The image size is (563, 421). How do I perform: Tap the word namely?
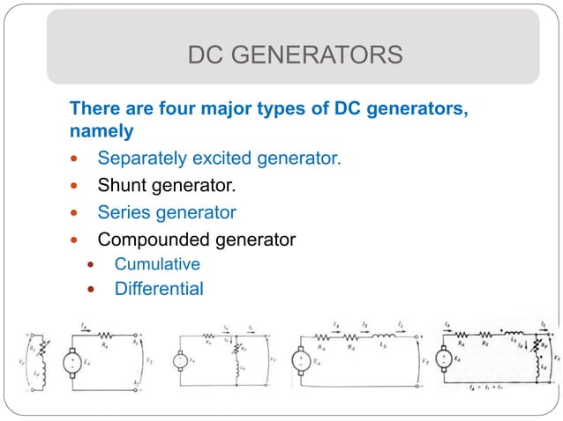[x=101, y=131]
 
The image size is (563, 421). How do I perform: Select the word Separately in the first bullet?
[x=139, y=159]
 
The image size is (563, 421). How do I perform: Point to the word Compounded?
[x=151, y=239]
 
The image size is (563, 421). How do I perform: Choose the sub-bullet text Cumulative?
[x=157, y=264]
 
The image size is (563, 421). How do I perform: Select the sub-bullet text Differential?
[x=159, y=288]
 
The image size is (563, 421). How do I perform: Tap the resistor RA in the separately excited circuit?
[x=107, y=336]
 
